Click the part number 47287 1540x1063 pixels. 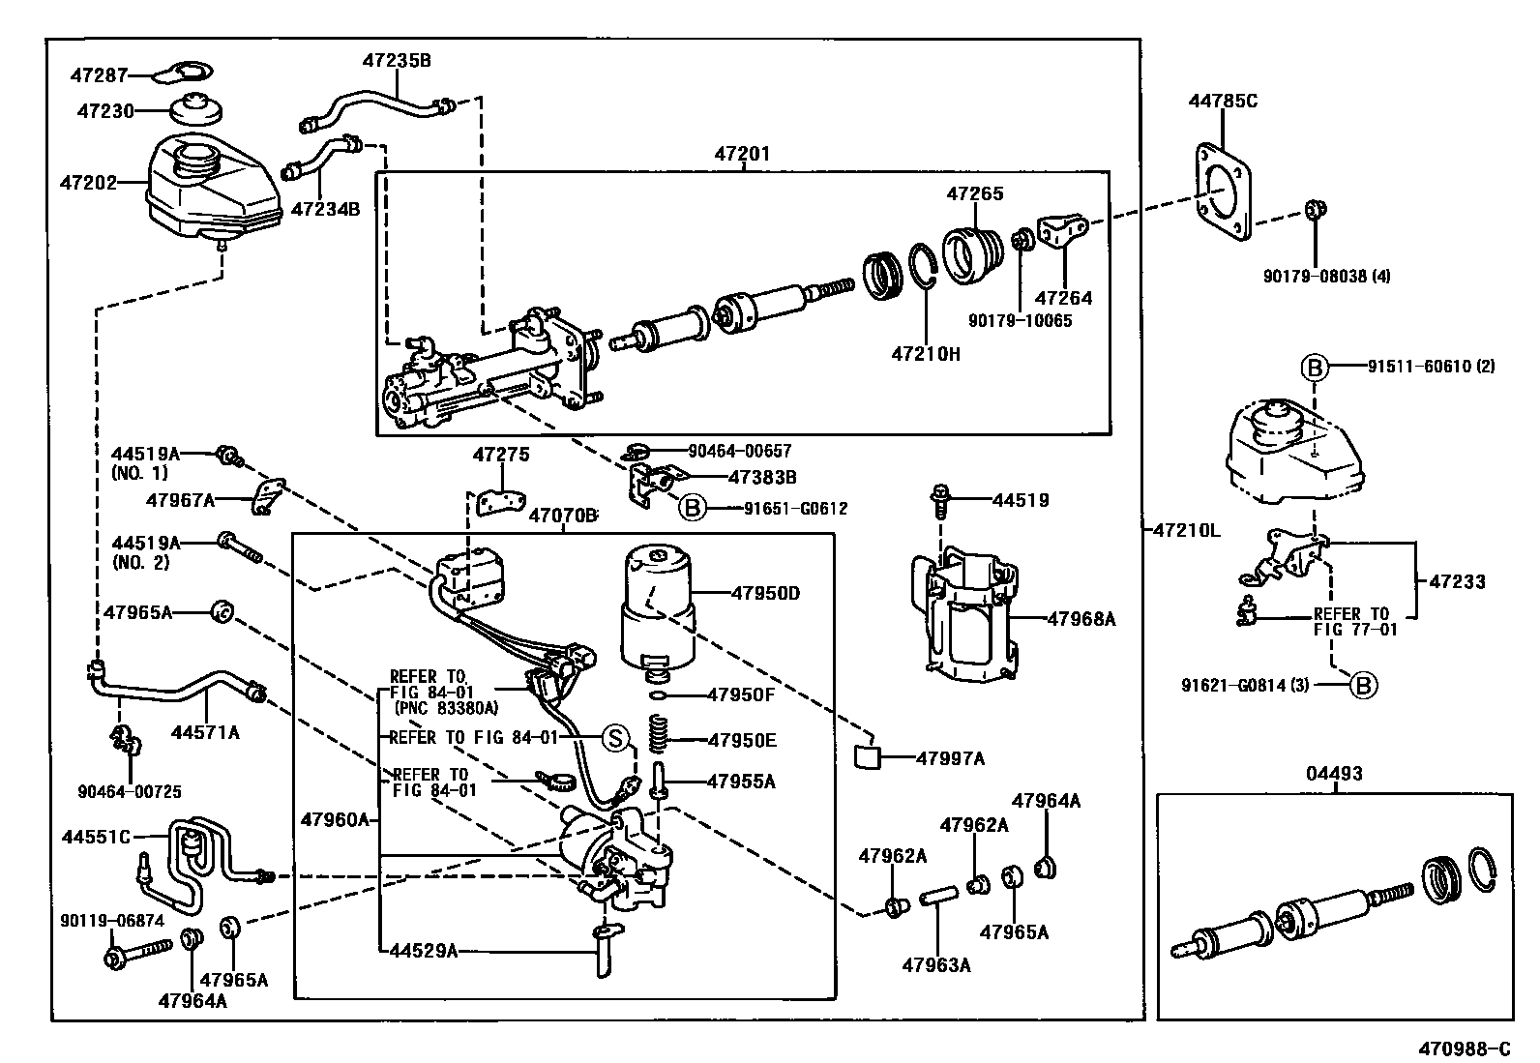[x=99, y=74]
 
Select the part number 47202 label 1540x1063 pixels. [x=88, y=183]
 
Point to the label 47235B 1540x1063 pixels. [x=397, y=61]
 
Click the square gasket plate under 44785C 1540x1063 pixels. [x=1223, y=192]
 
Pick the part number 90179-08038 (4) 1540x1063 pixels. [x=1327, y=277]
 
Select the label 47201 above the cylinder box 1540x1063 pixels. [x=742, y=154]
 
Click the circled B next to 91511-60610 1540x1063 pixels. [x=1314, y=368]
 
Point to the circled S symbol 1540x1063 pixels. [x=615, y=738]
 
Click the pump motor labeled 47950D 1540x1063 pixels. [x=657, y=607]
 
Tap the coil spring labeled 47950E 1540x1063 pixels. [x=659, y=733]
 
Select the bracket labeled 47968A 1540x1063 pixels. [x=964, y=615]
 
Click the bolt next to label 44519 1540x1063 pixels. [x=939, y=501]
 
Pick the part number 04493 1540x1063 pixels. [x=1334, y=774]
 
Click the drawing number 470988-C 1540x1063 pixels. [x=1466, y=1048]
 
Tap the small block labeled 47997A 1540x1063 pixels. [x=867, y=757]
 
